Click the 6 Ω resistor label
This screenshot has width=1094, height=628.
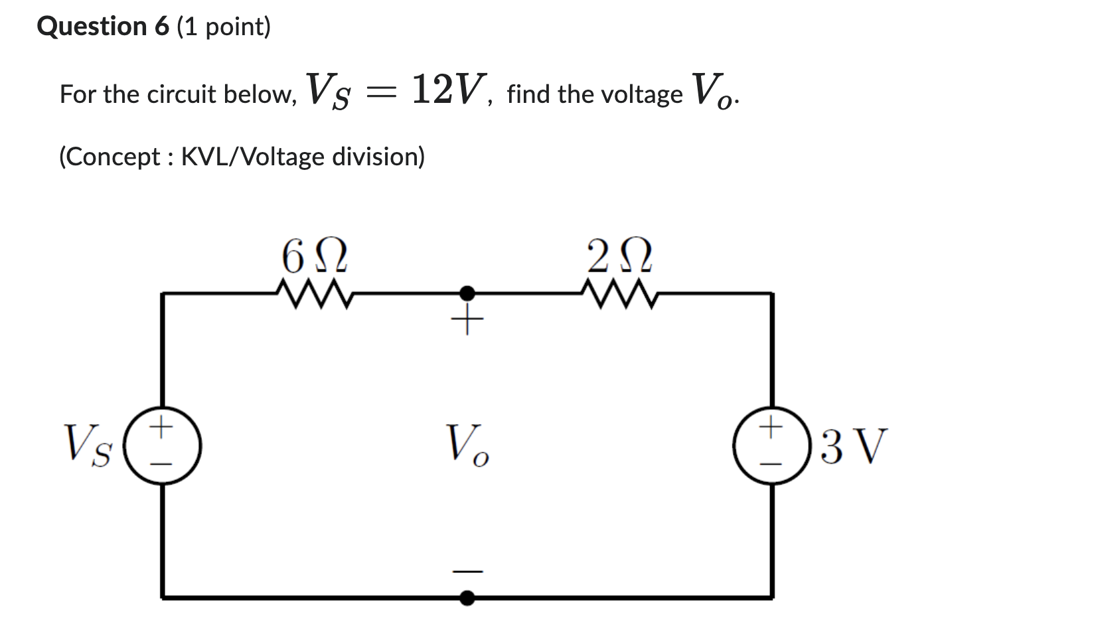[314, 256]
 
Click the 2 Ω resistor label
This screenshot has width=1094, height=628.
[619, 256]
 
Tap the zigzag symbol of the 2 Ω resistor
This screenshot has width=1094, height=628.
[619, 294]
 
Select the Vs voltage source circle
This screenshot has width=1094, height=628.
[163, 445]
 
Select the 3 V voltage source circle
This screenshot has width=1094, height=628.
[771, 445]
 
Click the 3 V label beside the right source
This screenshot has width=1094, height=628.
[853, 446]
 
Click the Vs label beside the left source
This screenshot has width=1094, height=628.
[88, 445]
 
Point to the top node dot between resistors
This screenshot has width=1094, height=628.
[467, 293]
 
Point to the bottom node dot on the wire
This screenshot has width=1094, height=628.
[467, 598]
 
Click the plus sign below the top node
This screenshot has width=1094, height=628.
[467, 322]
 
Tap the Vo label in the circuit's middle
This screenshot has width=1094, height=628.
[467, 445]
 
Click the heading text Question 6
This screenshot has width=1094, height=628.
[103, 27]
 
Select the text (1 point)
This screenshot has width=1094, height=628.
[224, 27]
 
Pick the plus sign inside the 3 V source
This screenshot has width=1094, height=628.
[771, 426]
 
